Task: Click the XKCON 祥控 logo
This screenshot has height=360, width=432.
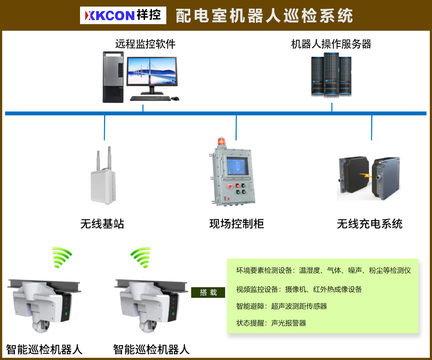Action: (x=123, y=15)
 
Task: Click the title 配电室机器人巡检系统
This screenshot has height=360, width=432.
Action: (x=264, y=16)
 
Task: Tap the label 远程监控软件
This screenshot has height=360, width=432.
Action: (x=145, y=44)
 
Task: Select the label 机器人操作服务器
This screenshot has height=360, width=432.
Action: (x=331, y=44)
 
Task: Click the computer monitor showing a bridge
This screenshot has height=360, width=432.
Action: (x=151, y=75)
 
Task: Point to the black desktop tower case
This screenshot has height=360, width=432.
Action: (x=113, y=77)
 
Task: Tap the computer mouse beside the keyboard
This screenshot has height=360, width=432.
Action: (x=175, y=98)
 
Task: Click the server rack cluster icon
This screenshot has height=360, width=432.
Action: (x=331, y=75)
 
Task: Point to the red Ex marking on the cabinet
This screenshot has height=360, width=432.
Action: (x=227, y=199)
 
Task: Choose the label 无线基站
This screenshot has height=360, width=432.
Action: (x=102, y=224)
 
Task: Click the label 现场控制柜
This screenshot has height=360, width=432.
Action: (x=236, y=224)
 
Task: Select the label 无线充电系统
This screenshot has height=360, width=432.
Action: (x=370, y=224)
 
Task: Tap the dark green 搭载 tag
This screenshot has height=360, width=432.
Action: (x=208, y=292)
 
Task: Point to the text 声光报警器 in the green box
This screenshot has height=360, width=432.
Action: (x=288, y=323)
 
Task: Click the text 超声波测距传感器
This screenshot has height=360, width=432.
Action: (x=299, y=306)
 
